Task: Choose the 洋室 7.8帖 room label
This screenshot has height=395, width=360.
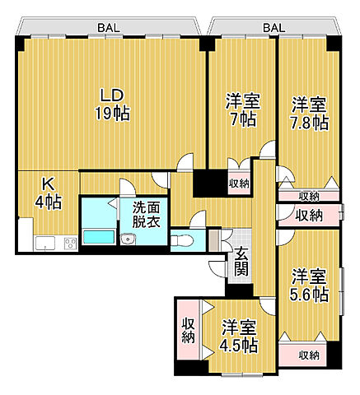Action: [309, 114]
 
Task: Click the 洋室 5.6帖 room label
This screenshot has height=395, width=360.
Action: [309, 285]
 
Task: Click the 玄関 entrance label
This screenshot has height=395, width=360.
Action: [241, 262]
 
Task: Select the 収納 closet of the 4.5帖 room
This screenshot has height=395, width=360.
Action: [187, 328]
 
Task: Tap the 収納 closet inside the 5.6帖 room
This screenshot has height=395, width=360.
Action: [308, 355]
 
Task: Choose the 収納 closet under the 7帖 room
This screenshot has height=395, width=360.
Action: [238, 184]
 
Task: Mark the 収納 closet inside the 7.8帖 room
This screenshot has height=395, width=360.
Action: [308, 196]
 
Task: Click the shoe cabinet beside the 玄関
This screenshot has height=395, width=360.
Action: [214, 240]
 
